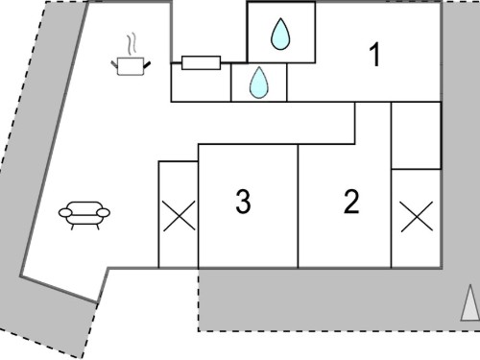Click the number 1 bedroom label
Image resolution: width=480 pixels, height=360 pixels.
[x=375, y=55]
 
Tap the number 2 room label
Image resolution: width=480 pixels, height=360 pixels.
[x=351, y=202]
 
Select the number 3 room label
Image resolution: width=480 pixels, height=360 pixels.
[x=243, y=202]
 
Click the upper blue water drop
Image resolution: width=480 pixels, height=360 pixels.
[x=280, y=34]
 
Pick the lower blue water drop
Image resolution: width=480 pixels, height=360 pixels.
[x=259, y=83]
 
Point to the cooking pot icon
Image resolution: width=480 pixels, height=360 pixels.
[x=131, y=66]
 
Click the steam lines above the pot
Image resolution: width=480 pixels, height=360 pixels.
[x=132, y=44]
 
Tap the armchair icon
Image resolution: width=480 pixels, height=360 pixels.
[x=84, y=215]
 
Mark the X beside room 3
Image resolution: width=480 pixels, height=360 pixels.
[x=180, y=216]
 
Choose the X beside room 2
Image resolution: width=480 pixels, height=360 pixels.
[x=417, y=217]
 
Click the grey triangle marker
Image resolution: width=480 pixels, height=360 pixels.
[x=470, y=302]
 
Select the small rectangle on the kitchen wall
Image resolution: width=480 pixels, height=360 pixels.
[x=201, y=62]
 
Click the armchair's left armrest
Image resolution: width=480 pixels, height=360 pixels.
[x=65, y=212]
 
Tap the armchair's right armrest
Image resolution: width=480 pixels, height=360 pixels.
[x=103, y=212]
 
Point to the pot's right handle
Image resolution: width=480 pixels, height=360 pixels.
[x=147, y=64]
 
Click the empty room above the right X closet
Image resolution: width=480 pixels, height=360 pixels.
[x=417, y=135]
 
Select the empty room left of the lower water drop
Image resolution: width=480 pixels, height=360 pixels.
[x=201, y=83]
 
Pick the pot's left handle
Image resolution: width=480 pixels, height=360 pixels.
[x=114, y=64]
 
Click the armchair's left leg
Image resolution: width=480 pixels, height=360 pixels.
[x=72, y=227]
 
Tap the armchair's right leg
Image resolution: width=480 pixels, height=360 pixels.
[x=97, y=227]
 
